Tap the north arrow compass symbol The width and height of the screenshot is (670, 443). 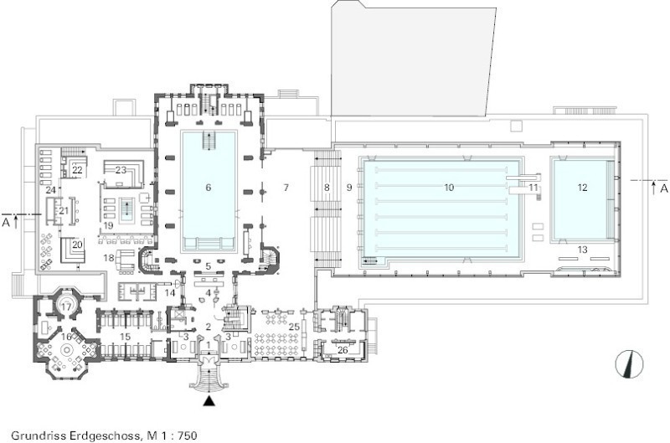629,364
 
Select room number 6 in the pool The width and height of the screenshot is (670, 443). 209,188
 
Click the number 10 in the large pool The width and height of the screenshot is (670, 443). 449,188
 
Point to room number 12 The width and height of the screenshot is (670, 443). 582,188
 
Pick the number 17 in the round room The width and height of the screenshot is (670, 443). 66,306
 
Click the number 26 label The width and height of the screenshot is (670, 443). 343,350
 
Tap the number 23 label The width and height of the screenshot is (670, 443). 121,170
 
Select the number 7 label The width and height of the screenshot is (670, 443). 286,188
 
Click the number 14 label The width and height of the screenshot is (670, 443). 170,293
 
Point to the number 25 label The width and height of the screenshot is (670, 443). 294,327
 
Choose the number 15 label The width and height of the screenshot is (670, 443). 125,337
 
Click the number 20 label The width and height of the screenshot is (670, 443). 77,245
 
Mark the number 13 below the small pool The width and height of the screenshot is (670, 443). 582,250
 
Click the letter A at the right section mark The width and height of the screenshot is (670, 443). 663,188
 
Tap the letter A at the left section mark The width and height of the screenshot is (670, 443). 6,222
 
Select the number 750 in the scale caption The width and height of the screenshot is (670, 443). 188,435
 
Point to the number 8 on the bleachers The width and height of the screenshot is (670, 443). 327,188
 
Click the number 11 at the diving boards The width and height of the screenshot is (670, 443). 533,188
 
